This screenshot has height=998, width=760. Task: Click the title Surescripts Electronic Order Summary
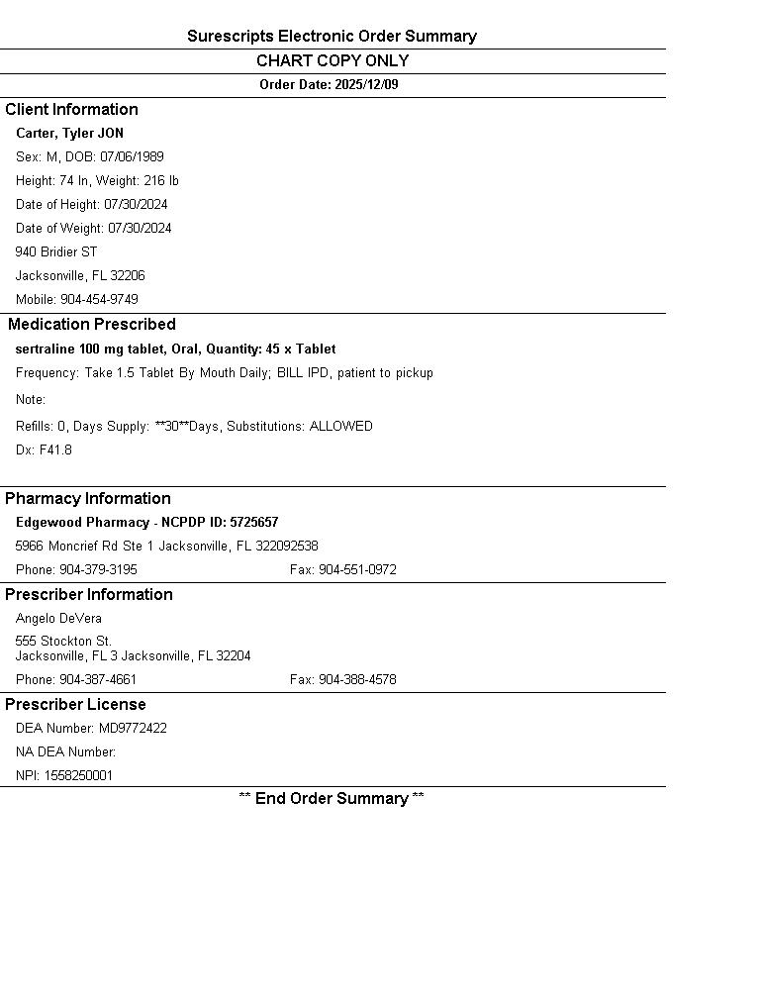(332, 37)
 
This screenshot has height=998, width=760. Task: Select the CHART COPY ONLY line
(332, 61)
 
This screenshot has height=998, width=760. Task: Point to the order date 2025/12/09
(366, 85)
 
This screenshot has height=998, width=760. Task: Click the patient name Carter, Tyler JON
(69, 134)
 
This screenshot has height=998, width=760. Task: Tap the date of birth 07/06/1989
(132, 157)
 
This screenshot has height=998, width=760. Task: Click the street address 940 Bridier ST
(56, 252)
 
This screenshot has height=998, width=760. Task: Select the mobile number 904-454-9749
(99, 300)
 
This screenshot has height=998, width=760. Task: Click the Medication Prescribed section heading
(92, 325)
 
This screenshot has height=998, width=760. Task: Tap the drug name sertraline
(46, 349)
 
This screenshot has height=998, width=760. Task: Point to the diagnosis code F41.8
(55, 450)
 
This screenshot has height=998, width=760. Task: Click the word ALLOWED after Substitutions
(340, 427)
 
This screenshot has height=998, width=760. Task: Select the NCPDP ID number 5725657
(254, 523)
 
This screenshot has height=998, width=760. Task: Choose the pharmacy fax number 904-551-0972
(357, 570)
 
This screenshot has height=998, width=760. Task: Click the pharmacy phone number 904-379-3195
(98, 570)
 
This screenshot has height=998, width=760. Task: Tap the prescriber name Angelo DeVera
(58, 619)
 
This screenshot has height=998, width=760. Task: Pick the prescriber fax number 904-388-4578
(357, 680)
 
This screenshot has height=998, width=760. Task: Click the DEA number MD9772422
(133, 729)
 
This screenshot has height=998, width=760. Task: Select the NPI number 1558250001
(78, 776)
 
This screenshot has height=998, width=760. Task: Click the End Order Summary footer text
(332, 799)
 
